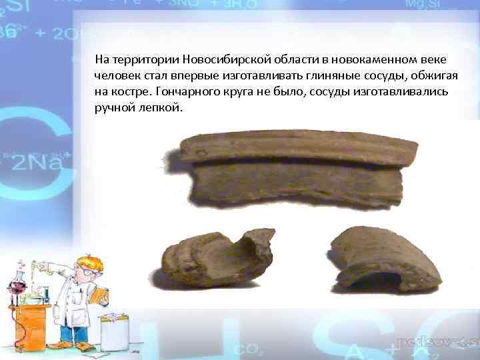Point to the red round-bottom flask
[17, 293]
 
